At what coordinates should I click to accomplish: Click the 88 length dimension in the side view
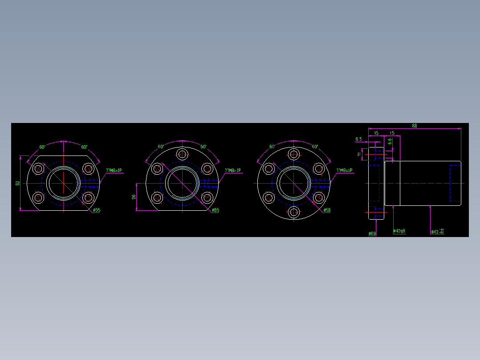(414, 126)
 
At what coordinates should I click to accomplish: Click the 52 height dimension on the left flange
(18, 183)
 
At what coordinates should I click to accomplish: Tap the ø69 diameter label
(372, 233)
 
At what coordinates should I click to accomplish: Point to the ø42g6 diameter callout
(399, 231)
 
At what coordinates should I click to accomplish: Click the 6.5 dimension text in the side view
(358, 139)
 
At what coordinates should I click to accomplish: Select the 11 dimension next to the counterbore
(359, 154)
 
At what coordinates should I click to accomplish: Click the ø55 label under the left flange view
(97, 210)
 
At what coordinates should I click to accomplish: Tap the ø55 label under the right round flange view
(327, 210)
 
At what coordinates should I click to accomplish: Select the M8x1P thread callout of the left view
(114, 170)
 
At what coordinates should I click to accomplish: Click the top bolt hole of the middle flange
(182, 154)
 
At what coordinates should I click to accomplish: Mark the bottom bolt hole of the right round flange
(293, 213)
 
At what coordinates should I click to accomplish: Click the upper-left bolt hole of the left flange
(39, 168)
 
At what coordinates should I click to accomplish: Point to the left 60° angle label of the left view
(42, 147)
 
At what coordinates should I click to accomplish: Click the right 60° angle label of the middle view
(203, 147)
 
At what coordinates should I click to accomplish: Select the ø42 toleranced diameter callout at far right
(437, 231)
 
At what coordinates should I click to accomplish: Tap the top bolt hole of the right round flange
(293, 154)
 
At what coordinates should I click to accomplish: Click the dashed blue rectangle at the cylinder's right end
(455, 183)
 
